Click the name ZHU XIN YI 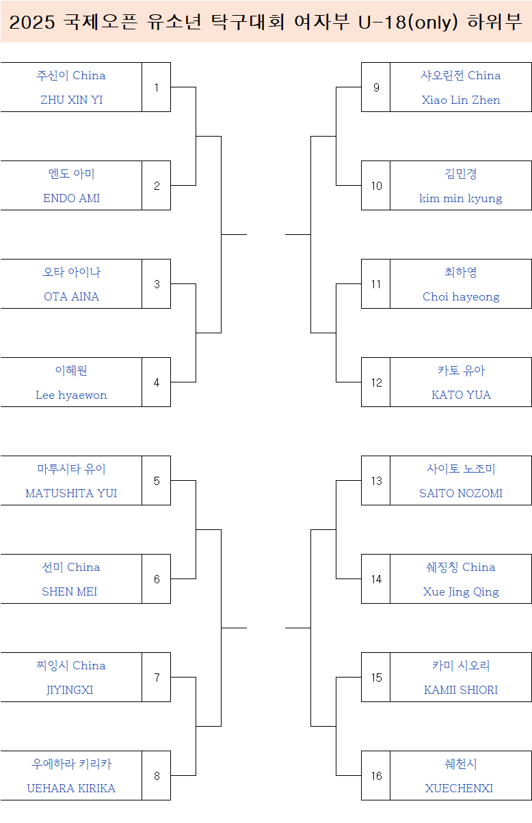[71, 100]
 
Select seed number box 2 [157, 186]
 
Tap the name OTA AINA [71, 296]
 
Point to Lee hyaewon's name [71, 395]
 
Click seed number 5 [157, 481]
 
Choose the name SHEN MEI [70, 591]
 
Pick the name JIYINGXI [70, 690]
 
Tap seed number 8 [157, 776]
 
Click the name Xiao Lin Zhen [461, 100]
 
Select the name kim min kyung [461, 198]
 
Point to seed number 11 [376, 284]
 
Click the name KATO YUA [461, 395]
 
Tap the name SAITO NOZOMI [461, 493]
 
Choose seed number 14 [376, 579]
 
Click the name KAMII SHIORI [461, 690]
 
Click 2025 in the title [32, 23]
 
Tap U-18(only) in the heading [408, 23]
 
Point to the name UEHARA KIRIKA [71, 788]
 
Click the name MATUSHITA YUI [71, 493]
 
